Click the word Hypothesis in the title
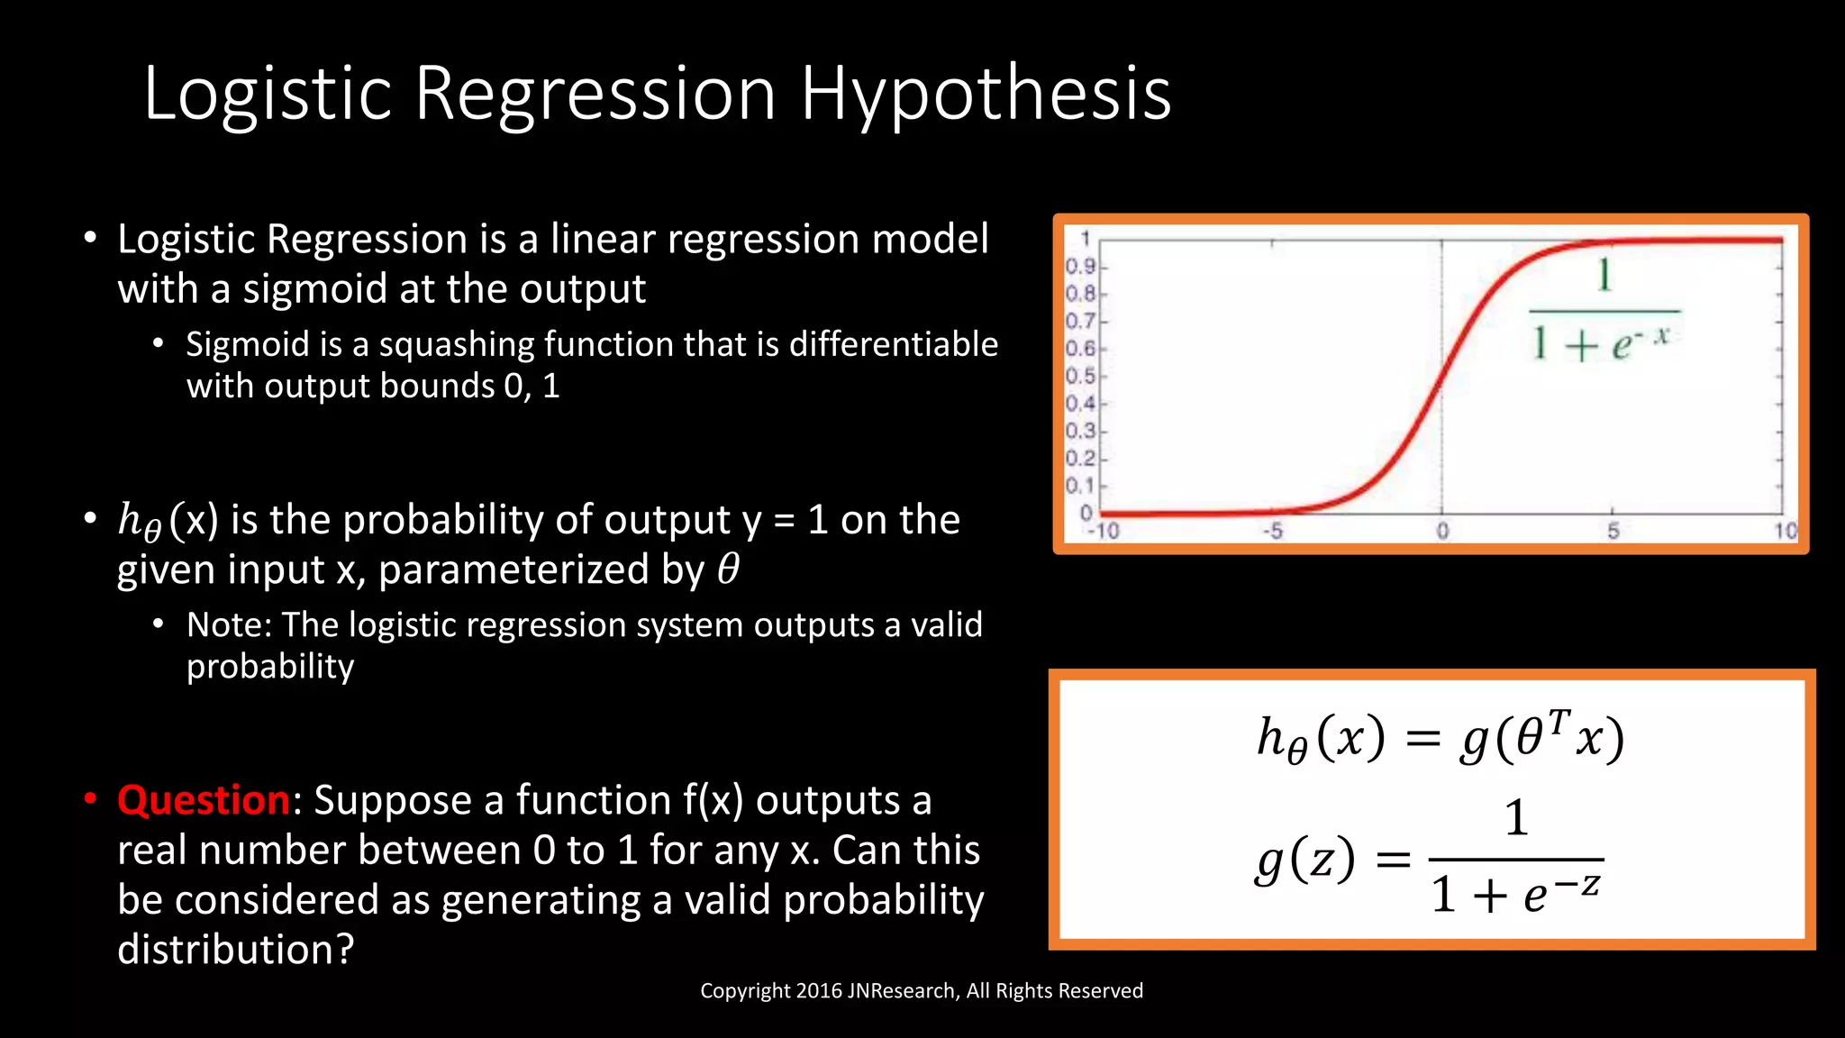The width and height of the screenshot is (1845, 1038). pyautogui.click(x=986, y=95)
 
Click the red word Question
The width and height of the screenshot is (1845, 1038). pyautogui.click(x=203, y=800)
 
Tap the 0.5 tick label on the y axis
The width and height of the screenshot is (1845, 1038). pyautogui.click(x=1080, y=376)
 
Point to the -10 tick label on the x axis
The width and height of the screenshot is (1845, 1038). pyautogui.click(x=1103, y=531)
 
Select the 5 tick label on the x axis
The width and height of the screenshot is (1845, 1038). pyautogui.click(x=1613, y=531)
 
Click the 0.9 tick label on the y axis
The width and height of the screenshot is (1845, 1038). pyautogui.click(x=1080, y=266)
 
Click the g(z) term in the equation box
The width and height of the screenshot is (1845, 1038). pyautogui.click(x=1305, y=860)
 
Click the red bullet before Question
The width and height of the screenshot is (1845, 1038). pyautogui.click(x=90, y=799)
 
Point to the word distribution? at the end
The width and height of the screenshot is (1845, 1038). pyautogui.click(x=236, y=950)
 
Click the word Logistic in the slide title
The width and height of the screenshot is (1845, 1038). pyautogui.click(x=268, y=95)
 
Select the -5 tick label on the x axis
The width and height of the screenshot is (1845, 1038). pyautogui.click(x=1272, y=531)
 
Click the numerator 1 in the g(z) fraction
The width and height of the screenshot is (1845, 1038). pyautogui.click(x=1517, y=818)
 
